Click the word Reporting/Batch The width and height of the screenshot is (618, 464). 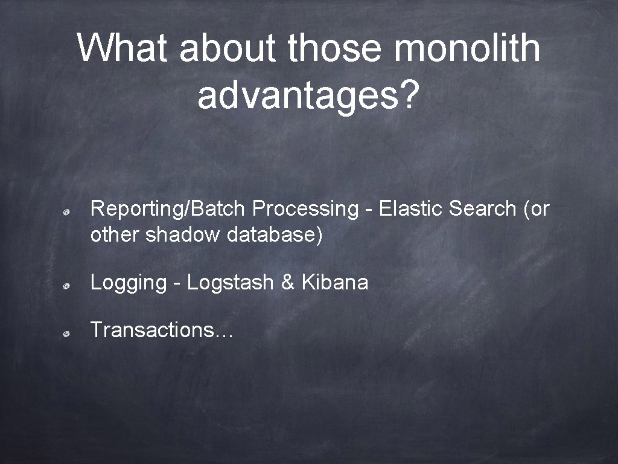[168, 209]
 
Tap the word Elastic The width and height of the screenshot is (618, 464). [411, 208]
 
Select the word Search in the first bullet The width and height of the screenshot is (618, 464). [482, 208]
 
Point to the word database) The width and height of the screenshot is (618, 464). [275, 235]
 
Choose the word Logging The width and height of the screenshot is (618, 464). [128, 282]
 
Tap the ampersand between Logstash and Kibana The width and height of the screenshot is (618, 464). [287, 282]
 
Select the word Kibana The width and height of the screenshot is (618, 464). [334, 282]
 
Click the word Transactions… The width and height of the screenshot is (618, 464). [161, 330]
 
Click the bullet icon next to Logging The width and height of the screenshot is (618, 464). [71, 284]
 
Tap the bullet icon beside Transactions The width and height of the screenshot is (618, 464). [71, 332]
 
